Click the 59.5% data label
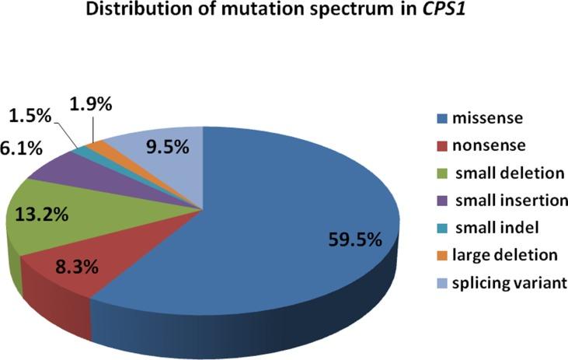pyautogui.click(x=353, y=239)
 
